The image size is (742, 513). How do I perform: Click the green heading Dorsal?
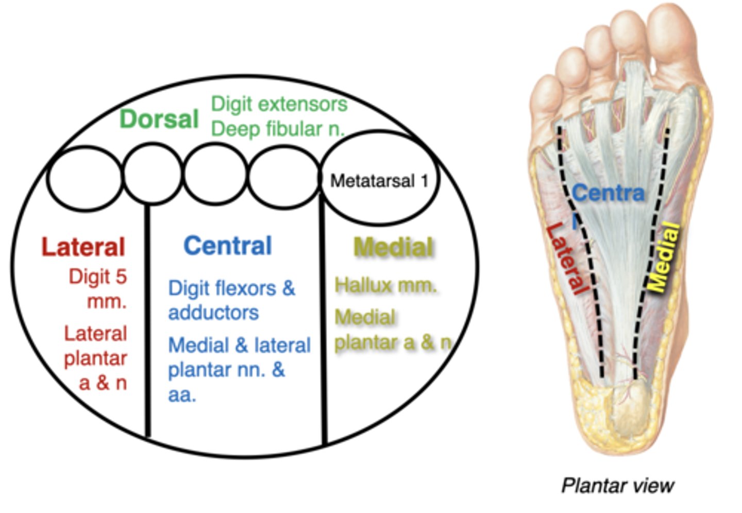(159, 119)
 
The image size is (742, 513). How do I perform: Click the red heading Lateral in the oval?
(83, 247)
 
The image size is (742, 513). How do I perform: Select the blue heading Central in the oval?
(228, 246)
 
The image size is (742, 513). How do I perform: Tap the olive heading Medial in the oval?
(393, 247)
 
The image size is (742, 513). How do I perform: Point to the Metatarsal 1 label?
(379, 181)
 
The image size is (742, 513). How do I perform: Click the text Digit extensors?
(279, 104)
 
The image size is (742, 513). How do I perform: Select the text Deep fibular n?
(277, 129)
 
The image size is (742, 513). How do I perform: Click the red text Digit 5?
(98, 277)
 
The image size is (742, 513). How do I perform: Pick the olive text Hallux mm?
(385, 285)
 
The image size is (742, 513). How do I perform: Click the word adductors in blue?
(213, 313)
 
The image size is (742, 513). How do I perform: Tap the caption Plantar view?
(617, 485)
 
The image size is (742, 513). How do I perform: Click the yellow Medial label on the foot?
(663, 257)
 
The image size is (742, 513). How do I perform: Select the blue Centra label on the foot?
(608, 193)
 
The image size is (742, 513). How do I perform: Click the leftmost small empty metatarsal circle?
(85, 178)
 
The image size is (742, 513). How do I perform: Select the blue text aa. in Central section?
(182, 395)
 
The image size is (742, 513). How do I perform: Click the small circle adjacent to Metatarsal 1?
(283, 177)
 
